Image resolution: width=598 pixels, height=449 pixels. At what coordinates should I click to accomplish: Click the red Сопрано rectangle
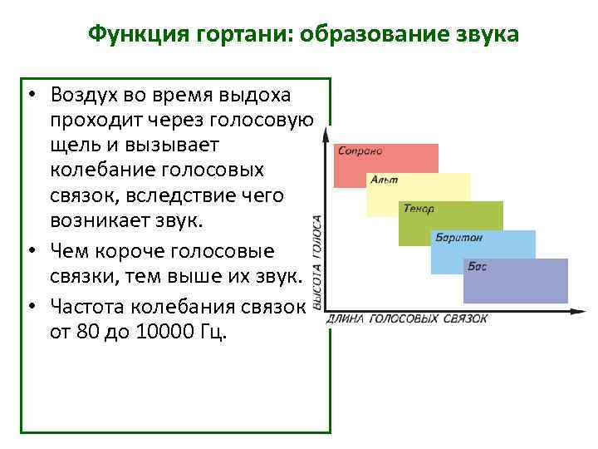coord(385,166)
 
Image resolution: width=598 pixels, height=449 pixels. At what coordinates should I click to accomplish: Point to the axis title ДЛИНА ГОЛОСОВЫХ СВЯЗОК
coord(407,318)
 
